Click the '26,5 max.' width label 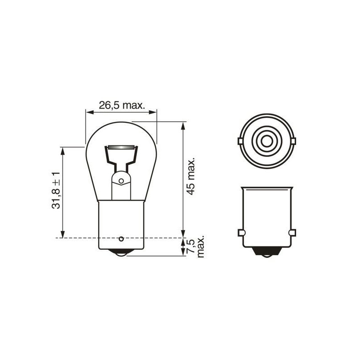coord(121,106)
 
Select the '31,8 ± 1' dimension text coord(56,190)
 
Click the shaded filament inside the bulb coord(121,148)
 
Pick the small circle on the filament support coord(121,180)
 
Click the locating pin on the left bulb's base coord(121,238)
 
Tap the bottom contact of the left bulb coord(121,254)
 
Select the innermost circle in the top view coord(266,141)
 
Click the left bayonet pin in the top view coord(240,141)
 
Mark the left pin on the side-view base coord(240,233)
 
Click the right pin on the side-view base coord(292,233)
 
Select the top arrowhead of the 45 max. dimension coord(183,125)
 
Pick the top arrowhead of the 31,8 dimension coord(63,150)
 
